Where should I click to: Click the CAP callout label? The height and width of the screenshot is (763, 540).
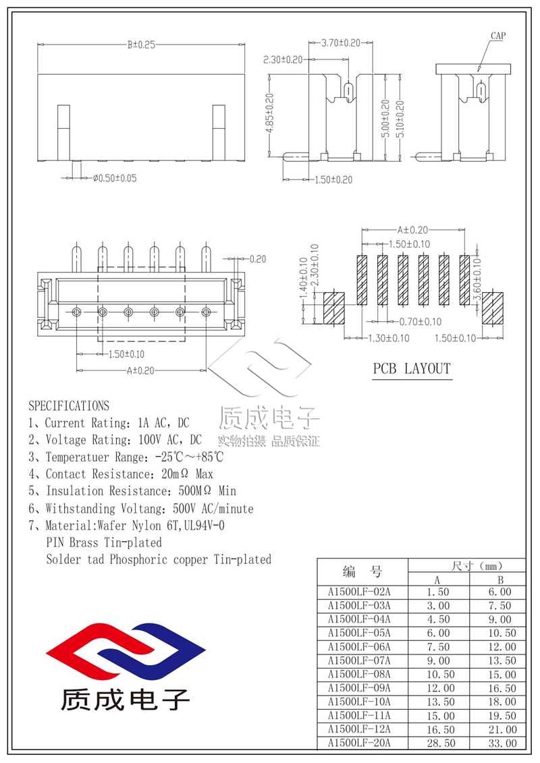tap(497, 36)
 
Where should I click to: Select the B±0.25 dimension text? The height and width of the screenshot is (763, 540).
tap(141, 45)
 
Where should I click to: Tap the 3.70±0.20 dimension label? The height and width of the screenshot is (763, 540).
tap(340, 43)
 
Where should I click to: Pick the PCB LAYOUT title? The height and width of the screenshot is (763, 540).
tap(412, 369)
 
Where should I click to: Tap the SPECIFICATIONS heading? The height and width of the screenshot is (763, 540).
tap(69, 406)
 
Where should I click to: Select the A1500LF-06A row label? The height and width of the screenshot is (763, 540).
tap(359, 646)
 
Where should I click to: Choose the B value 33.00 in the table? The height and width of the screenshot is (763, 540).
tap(500, 743)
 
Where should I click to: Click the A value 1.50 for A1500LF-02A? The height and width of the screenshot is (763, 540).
tap(438, 592)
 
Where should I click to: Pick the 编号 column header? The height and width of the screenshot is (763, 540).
tap(362, 573)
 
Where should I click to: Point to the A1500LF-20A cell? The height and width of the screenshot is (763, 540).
tap(359, 743)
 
